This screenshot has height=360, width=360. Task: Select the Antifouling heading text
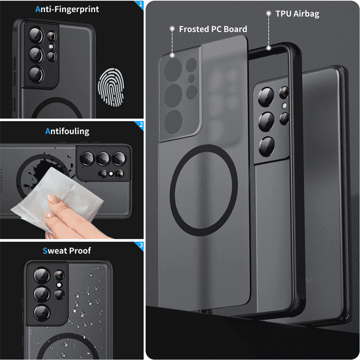click(x=67, y=131)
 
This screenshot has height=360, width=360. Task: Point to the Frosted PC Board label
click(x=213, y=29)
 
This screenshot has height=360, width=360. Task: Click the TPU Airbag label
click(x=297, y=14)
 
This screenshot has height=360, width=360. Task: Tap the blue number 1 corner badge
click(x=141, y=5)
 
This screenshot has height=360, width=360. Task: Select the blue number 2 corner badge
click(x=141, y=125)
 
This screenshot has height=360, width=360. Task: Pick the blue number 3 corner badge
click(x=141, y=245)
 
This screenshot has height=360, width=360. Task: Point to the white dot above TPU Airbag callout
click(x=269, y=14)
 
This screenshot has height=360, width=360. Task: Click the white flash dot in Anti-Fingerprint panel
click(x=51, y=46)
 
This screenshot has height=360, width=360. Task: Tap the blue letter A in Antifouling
click(x=48, y=131)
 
